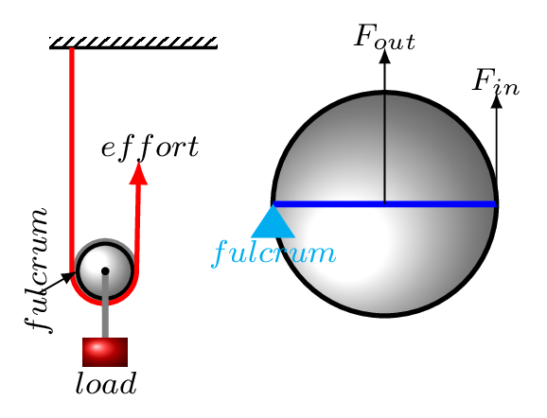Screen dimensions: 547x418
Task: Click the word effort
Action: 150,148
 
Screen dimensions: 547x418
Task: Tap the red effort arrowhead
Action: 138,174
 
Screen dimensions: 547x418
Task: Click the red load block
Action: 105,352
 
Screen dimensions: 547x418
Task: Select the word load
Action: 106,383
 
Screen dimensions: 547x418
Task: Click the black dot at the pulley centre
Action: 105,270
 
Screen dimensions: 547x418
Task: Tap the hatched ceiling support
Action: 133,43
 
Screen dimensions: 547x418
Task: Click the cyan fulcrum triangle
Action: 273,222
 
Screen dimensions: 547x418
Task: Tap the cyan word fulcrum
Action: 273,253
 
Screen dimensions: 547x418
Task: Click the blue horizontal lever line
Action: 384,204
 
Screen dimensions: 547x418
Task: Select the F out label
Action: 384,37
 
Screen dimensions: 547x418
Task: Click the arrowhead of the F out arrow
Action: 385,57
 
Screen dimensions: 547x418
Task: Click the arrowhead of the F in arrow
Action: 497,101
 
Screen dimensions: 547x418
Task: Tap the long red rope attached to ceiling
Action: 72,161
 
